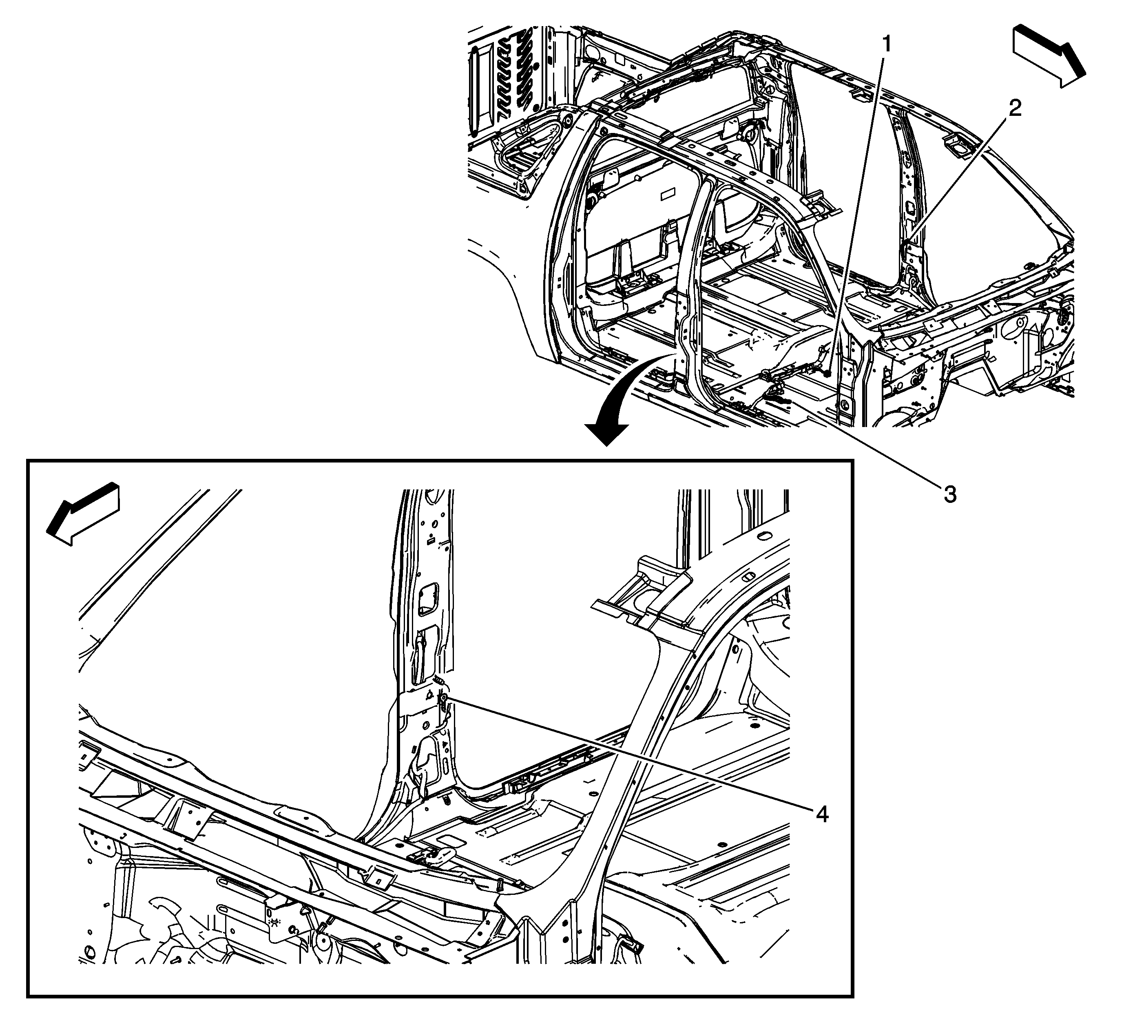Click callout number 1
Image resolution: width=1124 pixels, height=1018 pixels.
(x=885, y=44)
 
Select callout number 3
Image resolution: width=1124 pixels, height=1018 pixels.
(x=949, y=494)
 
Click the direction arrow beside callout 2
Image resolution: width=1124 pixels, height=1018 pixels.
(x=1049, y=62)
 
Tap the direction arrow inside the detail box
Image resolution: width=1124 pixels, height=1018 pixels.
(x=84, y=513)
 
